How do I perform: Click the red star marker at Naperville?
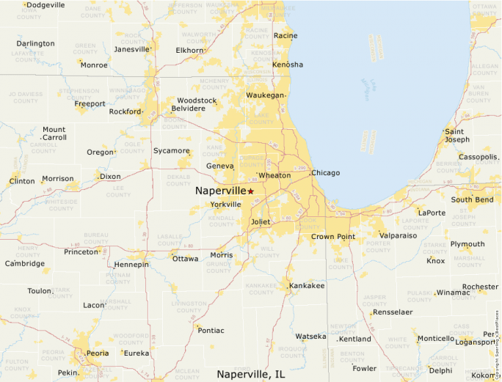(x=250, y=191)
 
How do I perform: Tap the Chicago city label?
(x=326, y=173)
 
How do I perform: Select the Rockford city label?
(x=124, y=111)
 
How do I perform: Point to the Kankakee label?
(x=307, y=285)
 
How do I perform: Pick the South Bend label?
(x=472, y=199)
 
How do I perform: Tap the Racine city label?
(x=285, y=35)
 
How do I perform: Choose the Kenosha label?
(x=287, y=65)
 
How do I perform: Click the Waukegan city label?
(x=264, y=95)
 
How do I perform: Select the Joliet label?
(x=261, y=221)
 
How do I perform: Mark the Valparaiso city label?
(x=399, y=236)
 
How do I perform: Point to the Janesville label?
(x=131, y=50)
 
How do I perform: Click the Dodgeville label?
(x=46, y=5)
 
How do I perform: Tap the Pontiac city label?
(x=211, y=331)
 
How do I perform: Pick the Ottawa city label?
(x=185, y=259)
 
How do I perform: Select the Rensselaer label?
(x=393, y=312)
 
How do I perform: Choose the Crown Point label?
(x=332, y=237)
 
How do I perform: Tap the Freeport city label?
(x=90, y=104)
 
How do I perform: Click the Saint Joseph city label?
(x=456, y=136)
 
